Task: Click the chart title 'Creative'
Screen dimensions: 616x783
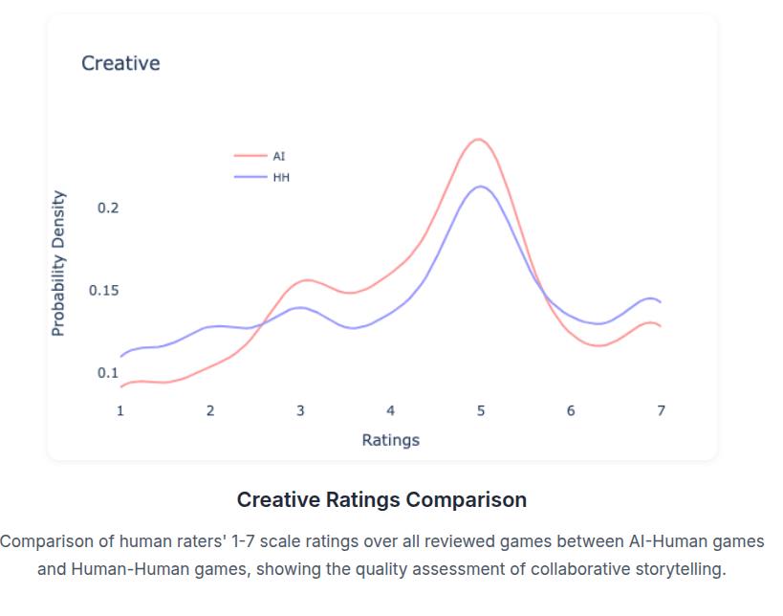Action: (120, 63)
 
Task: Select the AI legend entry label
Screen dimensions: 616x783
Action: (279, 156)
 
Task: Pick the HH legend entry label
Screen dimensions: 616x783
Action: (281, 177)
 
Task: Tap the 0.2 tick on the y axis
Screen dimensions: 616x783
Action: (108, 208)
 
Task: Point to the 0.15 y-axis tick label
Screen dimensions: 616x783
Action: (104, 291)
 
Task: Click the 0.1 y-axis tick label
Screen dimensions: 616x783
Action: (108, 373)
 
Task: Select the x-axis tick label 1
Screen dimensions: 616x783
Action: (120, 410)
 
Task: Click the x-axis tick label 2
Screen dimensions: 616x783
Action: (210, 410)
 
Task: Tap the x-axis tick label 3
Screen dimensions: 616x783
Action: (300, 410)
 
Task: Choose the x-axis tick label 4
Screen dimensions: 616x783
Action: (390, 410)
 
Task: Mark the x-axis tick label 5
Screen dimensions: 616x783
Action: (481, 410)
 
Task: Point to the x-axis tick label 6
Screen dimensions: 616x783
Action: (571, 410)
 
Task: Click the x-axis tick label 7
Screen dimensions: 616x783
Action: (661, 410)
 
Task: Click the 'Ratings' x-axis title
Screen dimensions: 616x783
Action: (390, 440)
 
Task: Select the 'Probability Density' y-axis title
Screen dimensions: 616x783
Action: (58, 263)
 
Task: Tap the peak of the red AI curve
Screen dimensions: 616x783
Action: (478, 140)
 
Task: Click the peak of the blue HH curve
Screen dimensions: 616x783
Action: (481, 187)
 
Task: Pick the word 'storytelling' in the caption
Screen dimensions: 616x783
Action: (678, 569)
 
